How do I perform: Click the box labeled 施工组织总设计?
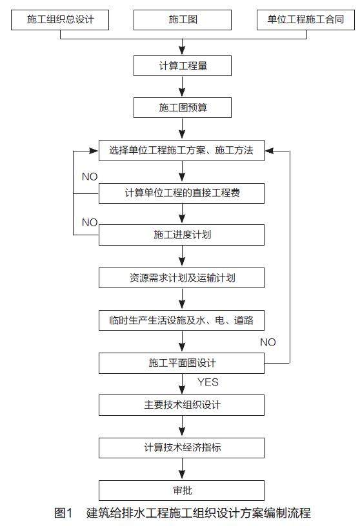click(60, 20)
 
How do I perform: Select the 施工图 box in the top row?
click(183, 20)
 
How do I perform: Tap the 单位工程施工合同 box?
click(306, 20)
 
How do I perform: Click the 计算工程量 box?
click(183, 66)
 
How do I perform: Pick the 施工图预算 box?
click(183, 108)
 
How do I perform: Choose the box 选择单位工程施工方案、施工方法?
click(181, 151)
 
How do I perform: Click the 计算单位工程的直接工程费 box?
click(181, 193)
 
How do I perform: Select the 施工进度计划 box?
click(181, 235)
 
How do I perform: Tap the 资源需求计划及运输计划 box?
click(181, 278)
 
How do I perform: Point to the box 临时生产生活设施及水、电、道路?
click(181, 320)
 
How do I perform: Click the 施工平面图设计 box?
click(181, 363)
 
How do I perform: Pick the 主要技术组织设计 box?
click(181, 405)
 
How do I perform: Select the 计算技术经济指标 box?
click(181, 448)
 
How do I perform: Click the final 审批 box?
click(181, 491)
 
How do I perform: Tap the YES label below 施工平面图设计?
click(208, 382)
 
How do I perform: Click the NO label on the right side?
click(268, 342)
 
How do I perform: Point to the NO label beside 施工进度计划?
click(90, 222)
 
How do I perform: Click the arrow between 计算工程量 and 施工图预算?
click(182, 86)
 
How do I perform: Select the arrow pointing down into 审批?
click(182, 469)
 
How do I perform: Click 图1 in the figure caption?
click(63, 513)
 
